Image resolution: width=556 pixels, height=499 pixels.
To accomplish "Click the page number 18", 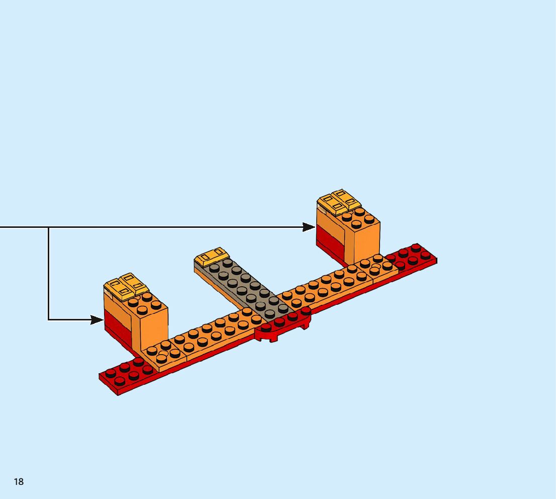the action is coord(19,482).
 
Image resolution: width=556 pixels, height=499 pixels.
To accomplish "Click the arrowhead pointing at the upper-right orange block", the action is coord(309,227).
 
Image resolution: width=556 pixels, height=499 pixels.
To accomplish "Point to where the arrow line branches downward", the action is coord(49,227).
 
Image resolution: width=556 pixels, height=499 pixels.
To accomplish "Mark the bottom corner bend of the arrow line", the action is coord(49,319).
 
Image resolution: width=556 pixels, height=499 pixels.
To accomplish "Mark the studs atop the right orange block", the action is coord(360,218).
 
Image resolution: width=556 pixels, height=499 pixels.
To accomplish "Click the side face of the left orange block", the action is coord(154,329).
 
